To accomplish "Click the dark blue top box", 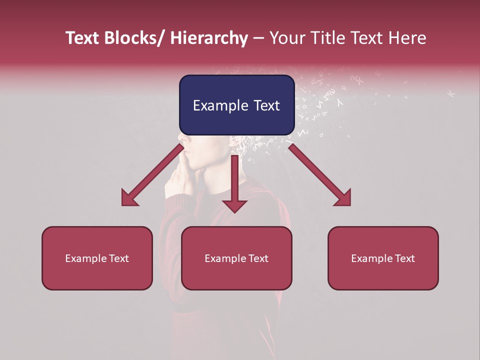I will click(x=236, y=105).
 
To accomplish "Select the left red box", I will click(x=97, y=258).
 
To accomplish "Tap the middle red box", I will click(x=236, y=258).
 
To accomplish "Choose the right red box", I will click(x=383, y=258).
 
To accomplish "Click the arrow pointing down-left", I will click(x=152, y=175).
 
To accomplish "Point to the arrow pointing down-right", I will click(x=320, y=175).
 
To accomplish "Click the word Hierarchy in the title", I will click(x=209, y=38).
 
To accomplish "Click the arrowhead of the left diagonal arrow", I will click(x=129, y=199).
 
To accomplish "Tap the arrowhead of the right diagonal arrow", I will click(x=343, y=198).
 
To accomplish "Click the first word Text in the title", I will click(x=83, y=38).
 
